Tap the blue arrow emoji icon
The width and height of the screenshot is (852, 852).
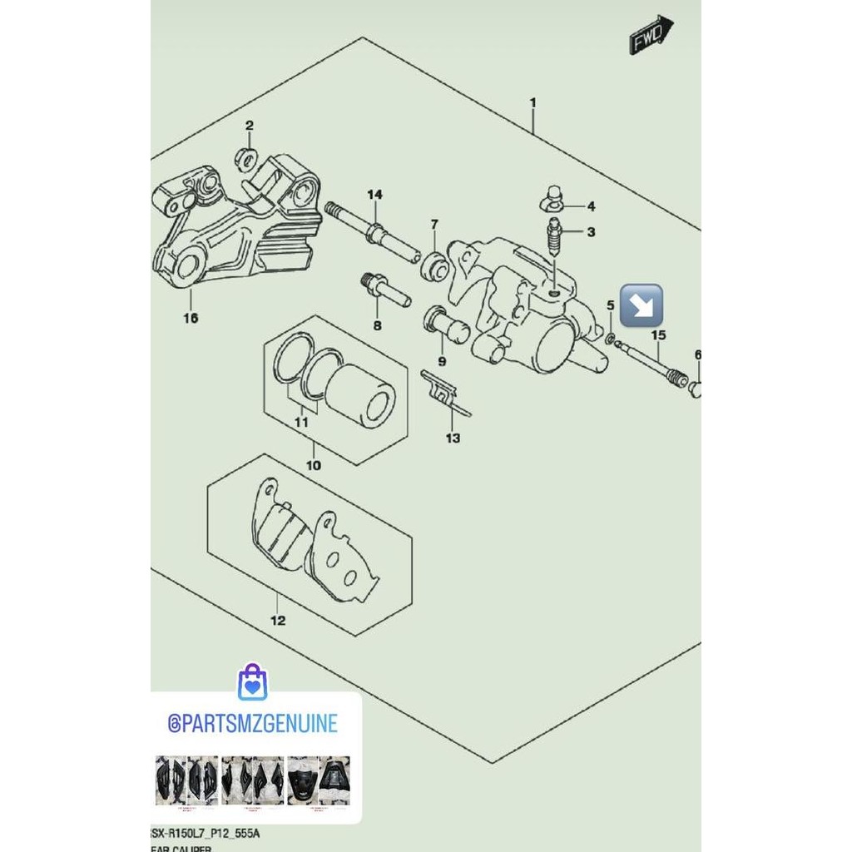point(641,305)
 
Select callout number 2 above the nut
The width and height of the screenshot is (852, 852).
point(249,126)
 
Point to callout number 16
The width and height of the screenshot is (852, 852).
point(191,318)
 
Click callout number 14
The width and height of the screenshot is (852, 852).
point(374,195)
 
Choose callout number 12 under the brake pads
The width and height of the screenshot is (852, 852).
point(278,620)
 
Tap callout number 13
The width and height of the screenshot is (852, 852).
point(453,438)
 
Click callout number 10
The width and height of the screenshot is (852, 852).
point(313,465)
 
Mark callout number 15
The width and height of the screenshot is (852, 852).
point(658,335)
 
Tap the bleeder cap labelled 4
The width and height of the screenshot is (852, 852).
point(550,197)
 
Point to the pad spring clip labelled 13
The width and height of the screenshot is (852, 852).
point(443,391)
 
